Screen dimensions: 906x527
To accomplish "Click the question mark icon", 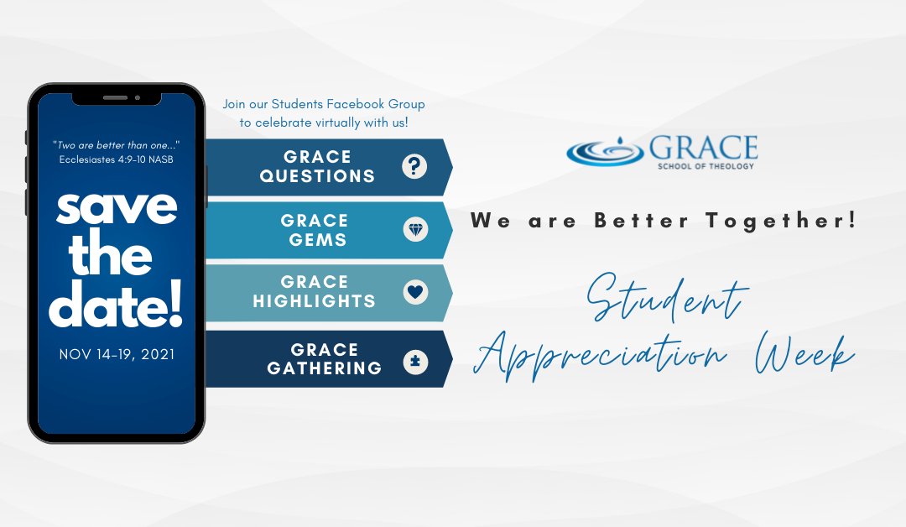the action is (x=414, y=166).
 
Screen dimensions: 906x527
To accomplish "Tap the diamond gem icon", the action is (x=415, y=229).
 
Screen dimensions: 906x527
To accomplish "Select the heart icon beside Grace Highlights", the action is (x=415, y=292).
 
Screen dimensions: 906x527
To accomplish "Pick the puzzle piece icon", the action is (x=415, y=363).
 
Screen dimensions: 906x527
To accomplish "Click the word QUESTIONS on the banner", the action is (x=317, y=176).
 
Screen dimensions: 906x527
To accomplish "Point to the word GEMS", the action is (x=318, y=240).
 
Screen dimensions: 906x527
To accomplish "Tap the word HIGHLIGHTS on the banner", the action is (x=315, y=301).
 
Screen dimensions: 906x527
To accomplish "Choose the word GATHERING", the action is (x=324, y=368).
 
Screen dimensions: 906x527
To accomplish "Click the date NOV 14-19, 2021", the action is (x=117, y=354).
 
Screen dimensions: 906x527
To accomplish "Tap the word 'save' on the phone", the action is (x=117, y=207).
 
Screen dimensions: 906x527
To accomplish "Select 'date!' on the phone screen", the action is (x=116, y=305).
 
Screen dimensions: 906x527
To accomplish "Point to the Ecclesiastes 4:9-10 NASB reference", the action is (x=116, y=159).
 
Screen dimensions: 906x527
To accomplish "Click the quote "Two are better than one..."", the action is (x=116, y=145).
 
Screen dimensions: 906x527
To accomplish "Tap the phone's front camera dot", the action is (x=138, y=97).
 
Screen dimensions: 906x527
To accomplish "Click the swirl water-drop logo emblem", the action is (x=605, y=151).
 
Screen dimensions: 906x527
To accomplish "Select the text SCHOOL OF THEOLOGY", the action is (x=706, y=166).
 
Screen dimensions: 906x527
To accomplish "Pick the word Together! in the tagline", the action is (x=781, y=221).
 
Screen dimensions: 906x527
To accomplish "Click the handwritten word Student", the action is (x=668, y=297).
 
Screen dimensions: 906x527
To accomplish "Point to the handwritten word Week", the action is (x=804, y=352).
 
